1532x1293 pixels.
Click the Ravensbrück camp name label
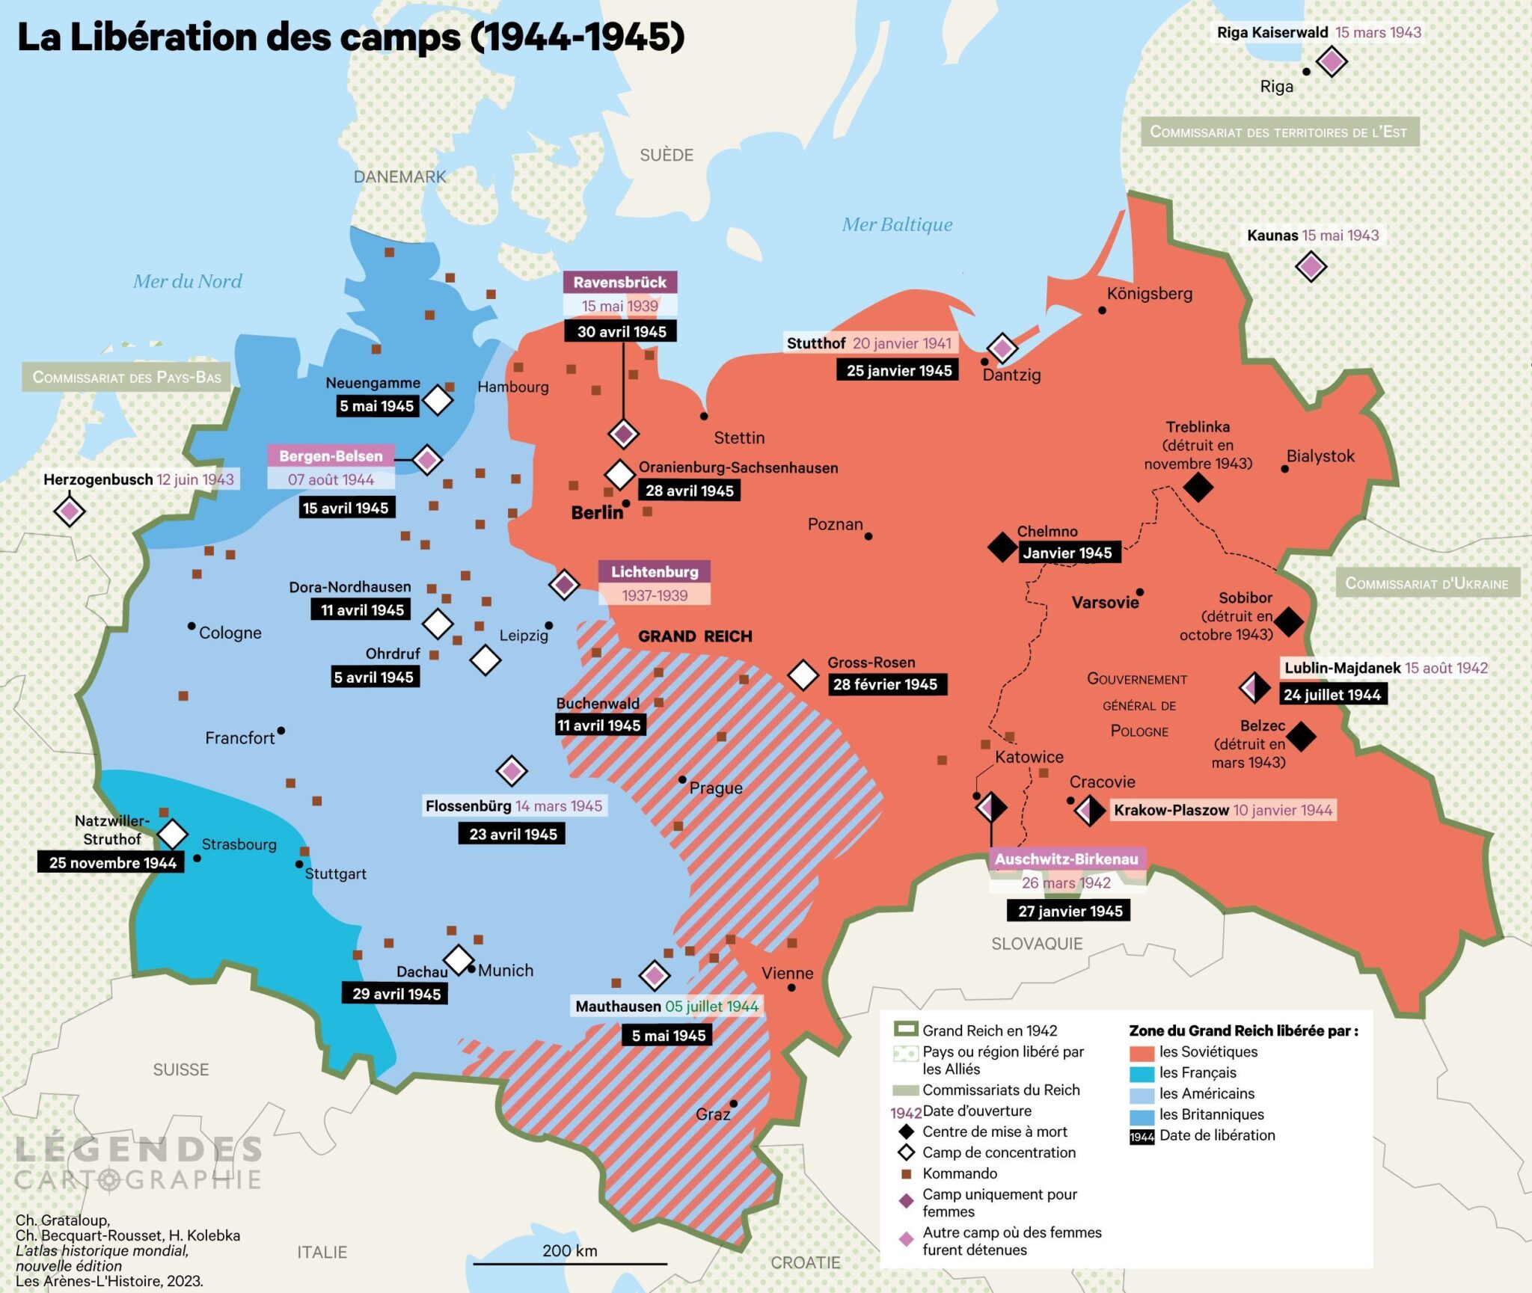619,282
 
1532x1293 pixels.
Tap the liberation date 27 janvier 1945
1069,911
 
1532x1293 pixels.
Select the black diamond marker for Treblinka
1198,488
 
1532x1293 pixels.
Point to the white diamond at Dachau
459,959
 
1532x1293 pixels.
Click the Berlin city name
596,513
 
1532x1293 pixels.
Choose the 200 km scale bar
570,1263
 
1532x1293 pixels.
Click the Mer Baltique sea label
897,224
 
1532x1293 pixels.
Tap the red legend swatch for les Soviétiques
1142,1052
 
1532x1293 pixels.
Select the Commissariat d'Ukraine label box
1427,583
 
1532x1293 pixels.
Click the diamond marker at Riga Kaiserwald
1332,61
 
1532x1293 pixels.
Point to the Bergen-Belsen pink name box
331,455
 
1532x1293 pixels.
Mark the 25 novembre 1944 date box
112,862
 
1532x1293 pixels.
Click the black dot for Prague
682,779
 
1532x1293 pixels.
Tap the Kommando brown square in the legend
906,1173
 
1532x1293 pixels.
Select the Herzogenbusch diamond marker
70,512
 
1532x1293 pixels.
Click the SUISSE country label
181,1069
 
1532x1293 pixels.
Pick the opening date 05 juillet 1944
711,1007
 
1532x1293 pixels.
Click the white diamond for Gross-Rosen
803,675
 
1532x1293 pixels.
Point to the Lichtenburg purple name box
655,571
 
